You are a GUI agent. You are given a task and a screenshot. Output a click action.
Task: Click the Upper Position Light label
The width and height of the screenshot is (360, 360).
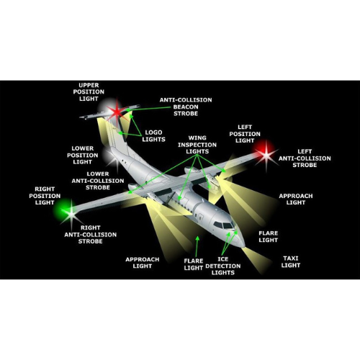coord(89,92)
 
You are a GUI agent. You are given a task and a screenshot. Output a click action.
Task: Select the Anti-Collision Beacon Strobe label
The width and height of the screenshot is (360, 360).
coord(186,107)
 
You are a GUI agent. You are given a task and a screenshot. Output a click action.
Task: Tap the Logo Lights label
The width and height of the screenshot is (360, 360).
coord(153,136)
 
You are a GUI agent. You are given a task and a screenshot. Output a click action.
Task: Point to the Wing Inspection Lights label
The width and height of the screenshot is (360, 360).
coord(197,145)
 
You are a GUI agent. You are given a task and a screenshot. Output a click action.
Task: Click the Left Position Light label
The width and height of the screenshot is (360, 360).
coord(245,134)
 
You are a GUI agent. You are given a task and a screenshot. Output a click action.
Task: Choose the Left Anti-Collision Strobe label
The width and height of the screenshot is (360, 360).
coord(305,158)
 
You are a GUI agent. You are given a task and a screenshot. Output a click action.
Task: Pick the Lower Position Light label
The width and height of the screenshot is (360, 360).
coord(82,156)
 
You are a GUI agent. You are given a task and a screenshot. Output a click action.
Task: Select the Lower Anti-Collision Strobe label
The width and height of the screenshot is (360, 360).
coord(98,181)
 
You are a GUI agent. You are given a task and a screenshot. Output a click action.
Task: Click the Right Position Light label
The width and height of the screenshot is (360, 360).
coord(45,196)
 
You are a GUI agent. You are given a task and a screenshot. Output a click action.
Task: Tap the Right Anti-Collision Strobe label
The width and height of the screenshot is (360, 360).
coord(90,235)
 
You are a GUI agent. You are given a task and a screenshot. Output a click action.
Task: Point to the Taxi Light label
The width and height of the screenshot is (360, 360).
coord(291,262)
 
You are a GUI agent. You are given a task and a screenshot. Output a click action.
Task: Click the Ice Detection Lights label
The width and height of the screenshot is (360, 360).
coord(223,266)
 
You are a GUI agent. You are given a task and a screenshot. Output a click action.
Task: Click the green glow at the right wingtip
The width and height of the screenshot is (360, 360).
coord(63,208)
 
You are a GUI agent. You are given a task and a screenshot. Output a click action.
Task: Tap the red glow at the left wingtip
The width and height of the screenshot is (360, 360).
coord(265,150)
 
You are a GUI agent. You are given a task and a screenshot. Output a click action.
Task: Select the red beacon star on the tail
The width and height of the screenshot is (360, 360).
coord(117,112)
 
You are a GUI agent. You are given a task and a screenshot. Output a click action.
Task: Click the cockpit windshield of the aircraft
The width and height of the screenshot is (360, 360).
coord(225,225)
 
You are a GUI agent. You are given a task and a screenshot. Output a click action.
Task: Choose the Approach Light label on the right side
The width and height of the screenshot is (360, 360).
coord(296,199)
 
